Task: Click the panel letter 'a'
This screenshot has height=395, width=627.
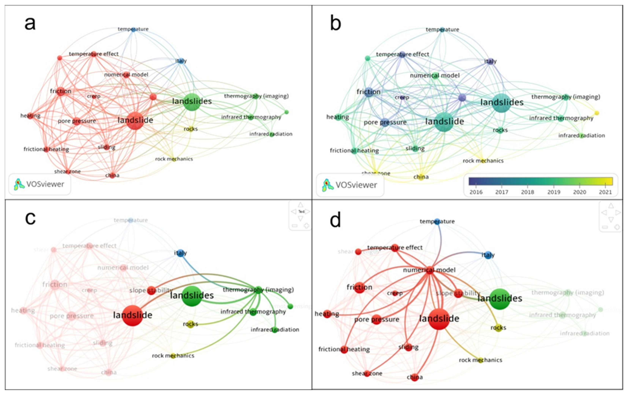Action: (30, 24)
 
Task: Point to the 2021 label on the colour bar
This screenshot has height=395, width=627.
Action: (605, 192)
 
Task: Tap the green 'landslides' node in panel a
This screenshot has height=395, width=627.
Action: (192, 101)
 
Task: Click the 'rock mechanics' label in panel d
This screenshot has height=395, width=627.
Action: (480, 360)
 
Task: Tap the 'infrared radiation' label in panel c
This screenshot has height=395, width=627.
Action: (275, 330)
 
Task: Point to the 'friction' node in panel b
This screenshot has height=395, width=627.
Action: (368, 92)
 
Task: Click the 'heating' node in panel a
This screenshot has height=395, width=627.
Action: (31, 116)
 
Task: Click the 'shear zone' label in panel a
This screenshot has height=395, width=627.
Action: (67, 172)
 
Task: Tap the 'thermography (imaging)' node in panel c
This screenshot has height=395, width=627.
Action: (259, 290)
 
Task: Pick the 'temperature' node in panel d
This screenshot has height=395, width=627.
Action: (437, 221)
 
